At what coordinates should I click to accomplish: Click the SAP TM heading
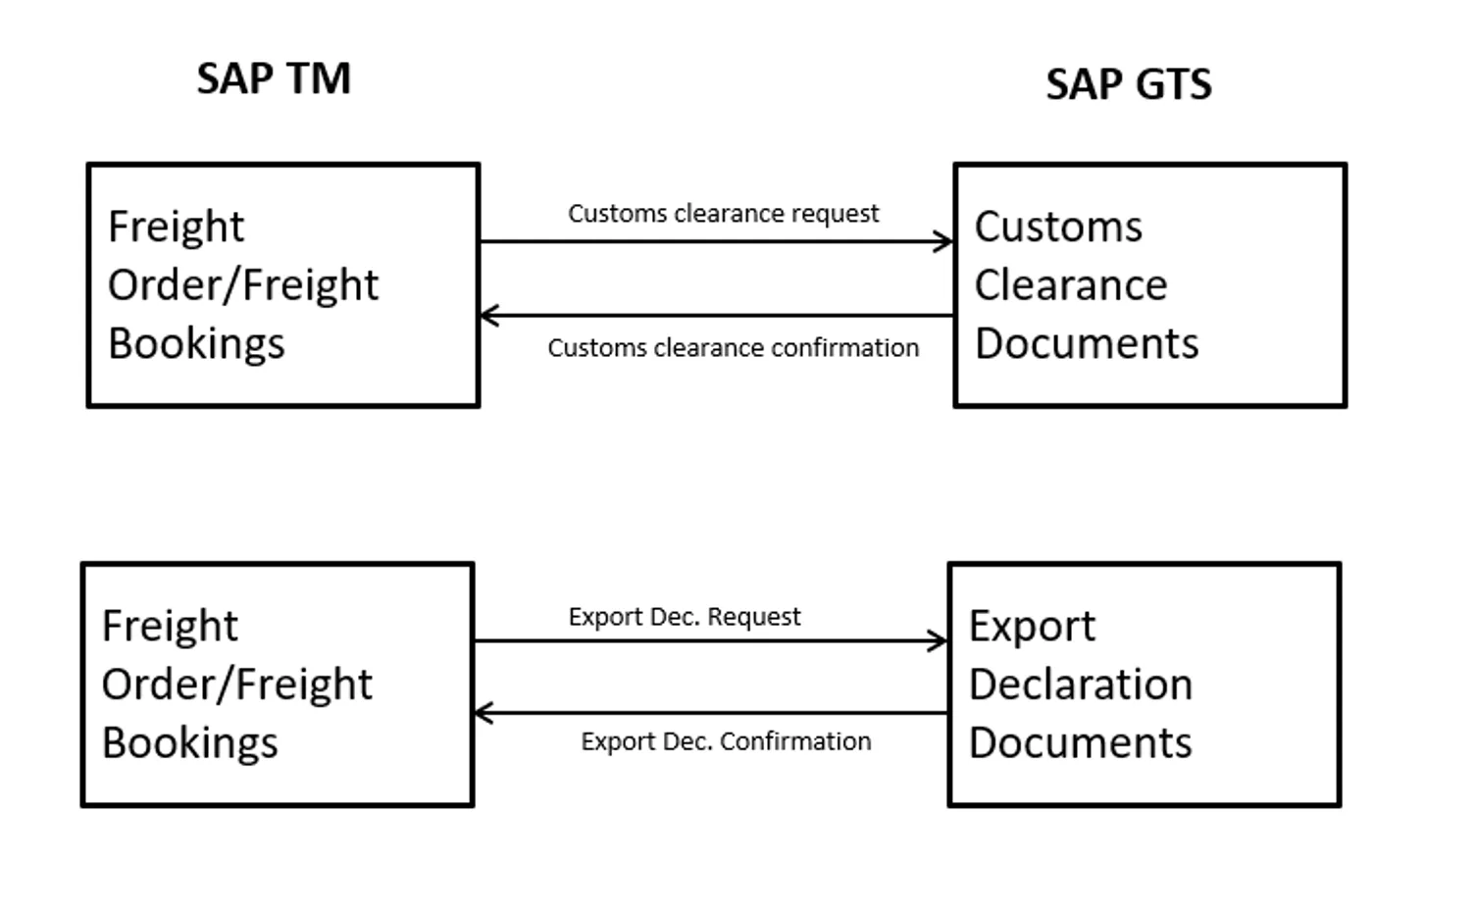(x=274, y=79)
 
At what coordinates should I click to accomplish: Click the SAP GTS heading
(x=1129, y=85)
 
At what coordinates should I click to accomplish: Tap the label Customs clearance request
(x=723, y=214)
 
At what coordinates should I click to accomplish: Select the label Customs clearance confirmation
(x=733, y=348)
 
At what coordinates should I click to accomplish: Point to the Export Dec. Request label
(x=685, y=617)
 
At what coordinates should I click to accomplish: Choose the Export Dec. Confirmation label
(x=726, y=741)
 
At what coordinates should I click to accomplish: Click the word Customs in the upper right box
(x=1058, y=228)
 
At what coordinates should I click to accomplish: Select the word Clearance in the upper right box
(x=1071, y=285)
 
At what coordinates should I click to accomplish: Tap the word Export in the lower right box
(x=1032, y=627)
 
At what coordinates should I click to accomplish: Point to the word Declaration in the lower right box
(x=1081, y=685)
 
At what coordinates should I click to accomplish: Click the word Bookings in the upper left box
(x=196, y=344)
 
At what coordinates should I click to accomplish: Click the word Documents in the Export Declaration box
(x=1080, y=743)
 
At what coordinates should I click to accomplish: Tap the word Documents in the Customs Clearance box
(x=1087, y=344)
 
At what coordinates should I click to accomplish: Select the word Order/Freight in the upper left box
(x=243, y=285)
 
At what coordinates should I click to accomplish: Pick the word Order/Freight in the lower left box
(x=237, y=685)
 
